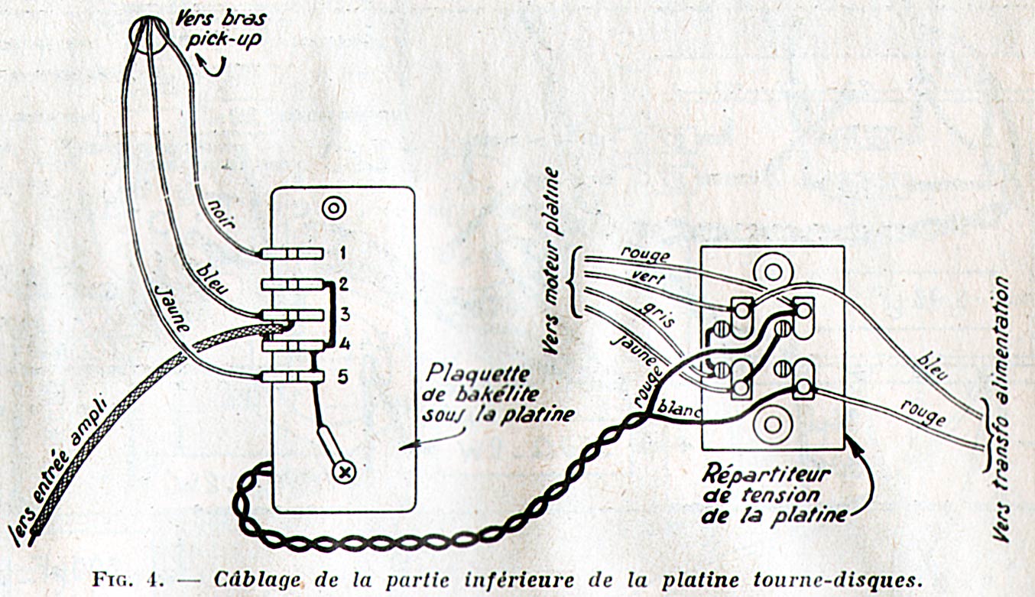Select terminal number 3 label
[345, 313]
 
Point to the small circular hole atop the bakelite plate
[333, 207]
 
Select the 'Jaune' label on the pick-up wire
[173, 309]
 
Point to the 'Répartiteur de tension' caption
[772, 492]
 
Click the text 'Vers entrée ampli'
[64, 466]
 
